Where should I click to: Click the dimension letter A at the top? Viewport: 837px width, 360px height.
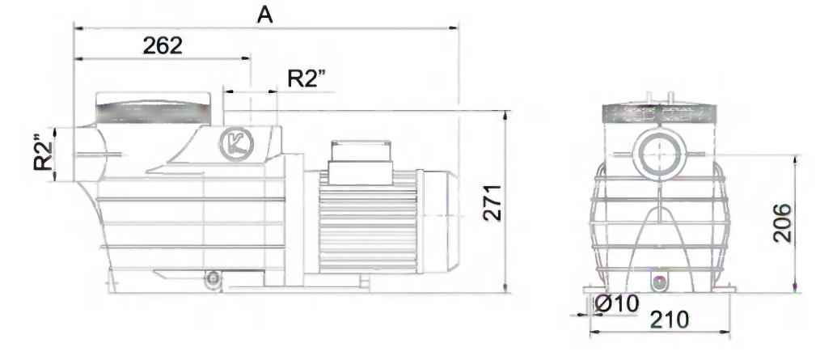pyautogui.click(x=264, y=15)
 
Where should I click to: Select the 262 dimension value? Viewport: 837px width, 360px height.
pyautogui.click(x=163, y=46)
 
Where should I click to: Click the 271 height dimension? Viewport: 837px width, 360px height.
pyautogui.click(x=492, y=203)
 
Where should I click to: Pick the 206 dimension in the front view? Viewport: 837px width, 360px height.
pyautogui.click(x=782, y=223)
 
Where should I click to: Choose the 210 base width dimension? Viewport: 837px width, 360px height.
pyautogui.click(x=670, y=320)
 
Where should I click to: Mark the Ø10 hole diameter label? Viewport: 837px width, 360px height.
pyautogui.click(x=616, y=303)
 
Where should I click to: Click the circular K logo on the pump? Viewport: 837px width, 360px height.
pyautogui.click(x=236, y=144)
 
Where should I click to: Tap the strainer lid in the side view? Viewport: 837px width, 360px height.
pyautogui.click(x=153, y=108)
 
